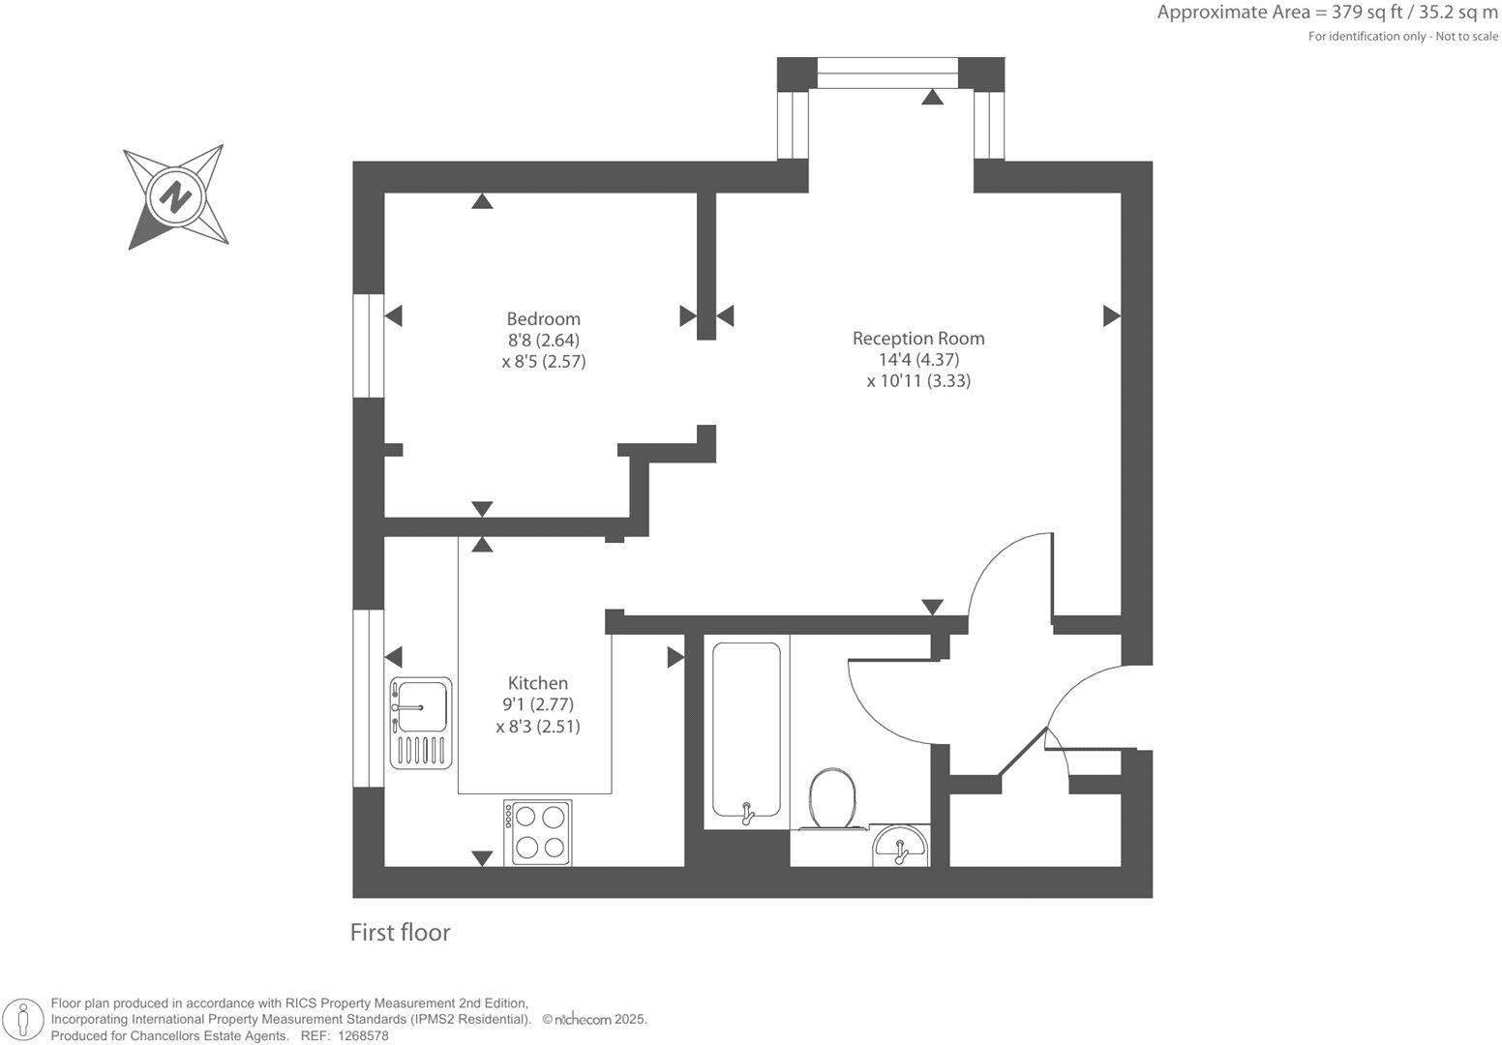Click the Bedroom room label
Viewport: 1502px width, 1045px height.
pyautogui.click(x=543, y=318)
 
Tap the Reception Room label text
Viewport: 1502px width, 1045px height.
pyautogui.click(x=917, y=338)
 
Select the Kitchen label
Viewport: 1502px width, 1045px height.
pyautogui.click(x=538, y=682)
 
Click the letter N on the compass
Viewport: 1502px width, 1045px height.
pyautogui.click(x=175, y=196)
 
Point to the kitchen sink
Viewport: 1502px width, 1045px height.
pyautogui.click(x=421, y=707)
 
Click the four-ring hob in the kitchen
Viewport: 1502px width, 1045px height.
pyautogui.click(x=538, y=832)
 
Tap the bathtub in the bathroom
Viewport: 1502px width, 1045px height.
pyautogui.click(x=746, y=731)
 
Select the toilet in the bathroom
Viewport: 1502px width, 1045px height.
pyautogui.click(x=832, y=799)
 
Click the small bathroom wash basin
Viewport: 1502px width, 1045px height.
pyautogui.click(x=901, y=849)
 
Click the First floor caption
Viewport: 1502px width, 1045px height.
pyautogui.click(x=400, y=932)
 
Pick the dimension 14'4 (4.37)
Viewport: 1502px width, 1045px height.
pyautogui.click(x=917, y=359)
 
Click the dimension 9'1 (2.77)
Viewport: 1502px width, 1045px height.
pyautogui.click(x=538, y=704)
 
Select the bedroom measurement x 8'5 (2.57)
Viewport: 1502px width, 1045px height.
pyautogui.click(x=543, y=362)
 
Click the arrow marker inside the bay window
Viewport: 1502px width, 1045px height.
pyautogui.click(x=932, y=97)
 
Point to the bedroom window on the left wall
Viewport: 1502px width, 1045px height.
pyautogui.click(x=368, y=344)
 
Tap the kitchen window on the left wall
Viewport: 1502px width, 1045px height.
pyautogui.click(x=368, y=698)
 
